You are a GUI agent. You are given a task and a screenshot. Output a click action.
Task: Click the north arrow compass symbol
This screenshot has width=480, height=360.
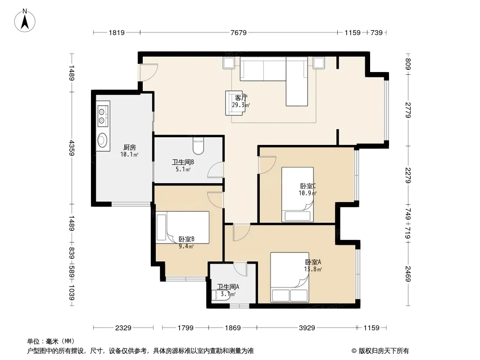click(25, 21)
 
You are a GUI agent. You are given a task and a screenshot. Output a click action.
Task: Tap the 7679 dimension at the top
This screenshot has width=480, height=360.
click(239, 32)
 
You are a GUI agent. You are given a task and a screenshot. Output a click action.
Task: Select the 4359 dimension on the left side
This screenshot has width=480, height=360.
click(72, 148)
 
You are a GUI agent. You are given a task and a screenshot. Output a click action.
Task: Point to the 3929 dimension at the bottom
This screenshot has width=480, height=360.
click(307, 328)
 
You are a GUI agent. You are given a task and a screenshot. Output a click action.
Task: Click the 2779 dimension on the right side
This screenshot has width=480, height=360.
click(408, 110)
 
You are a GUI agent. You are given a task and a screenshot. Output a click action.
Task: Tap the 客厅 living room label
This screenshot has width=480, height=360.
click(241, 98)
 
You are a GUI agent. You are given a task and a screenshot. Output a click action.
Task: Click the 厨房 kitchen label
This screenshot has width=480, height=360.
click(130, 148)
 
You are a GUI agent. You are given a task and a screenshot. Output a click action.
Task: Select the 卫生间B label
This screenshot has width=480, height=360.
click(183, 162)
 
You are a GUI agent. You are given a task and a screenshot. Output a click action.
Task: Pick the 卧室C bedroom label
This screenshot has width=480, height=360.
click(308, 186)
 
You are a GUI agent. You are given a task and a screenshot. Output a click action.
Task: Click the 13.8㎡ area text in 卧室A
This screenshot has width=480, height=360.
click(313, 270)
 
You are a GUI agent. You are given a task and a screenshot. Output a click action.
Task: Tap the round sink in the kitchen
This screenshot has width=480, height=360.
click(102, 140)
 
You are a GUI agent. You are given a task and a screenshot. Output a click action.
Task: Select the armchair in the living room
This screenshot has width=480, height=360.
click(235, 103)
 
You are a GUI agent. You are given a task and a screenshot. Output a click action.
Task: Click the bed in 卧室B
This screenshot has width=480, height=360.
click(182, 227)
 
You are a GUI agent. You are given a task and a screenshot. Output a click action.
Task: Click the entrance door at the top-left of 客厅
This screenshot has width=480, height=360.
click(149, 72)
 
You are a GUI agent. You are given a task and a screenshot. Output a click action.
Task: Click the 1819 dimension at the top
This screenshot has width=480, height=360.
click(117, 32)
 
